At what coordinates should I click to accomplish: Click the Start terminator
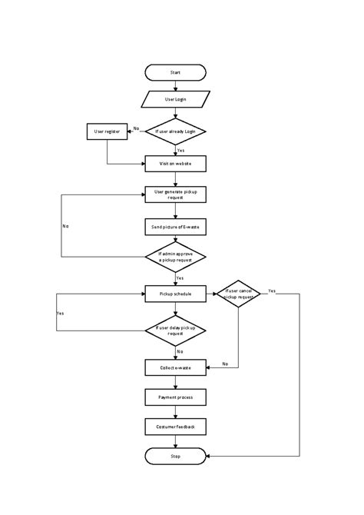click(176, 72)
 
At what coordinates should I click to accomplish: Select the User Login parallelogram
click(176, 100)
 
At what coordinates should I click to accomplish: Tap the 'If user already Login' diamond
click(176, 131)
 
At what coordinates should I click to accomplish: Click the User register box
click(107, 131)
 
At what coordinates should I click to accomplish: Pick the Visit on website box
click(176, 164)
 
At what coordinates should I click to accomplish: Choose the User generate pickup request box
click(176, 194)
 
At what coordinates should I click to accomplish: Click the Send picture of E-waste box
click(176, 227)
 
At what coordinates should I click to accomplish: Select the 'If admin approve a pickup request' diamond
click(176, 257)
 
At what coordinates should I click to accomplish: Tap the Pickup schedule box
click(176, 293)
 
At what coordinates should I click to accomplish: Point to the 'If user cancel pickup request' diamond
click(238, 293)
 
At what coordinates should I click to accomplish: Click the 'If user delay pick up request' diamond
click(176, 331)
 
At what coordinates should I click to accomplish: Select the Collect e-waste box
click(176, 367)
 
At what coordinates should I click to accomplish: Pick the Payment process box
click(176, 397)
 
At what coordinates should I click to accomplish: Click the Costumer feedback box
click(176, 427)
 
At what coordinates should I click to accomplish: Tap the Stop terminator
click(176, 457)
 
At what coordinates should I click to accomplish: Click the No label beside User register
click(136, 128)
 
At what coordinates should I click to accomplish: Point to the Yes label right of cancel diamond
click(272, 291)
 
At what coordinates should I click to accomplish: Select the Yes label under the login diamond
click(180, 151)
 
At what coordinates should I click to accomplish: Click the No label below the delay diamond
click(180, 351)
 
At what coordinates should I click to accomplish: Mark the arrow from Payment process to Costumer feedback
click(176, 412)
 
